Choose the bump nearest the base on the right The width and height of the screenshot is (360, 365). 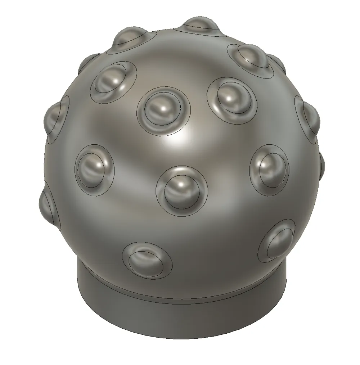[x=277, y=240]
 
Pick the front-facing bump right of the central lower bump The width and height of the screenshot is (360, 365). [x=269, y=169]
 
